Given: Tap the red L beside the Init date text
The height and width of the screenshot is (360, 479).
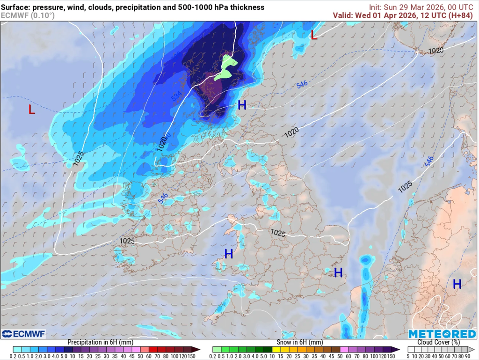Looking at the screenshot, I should (x=314, y=35).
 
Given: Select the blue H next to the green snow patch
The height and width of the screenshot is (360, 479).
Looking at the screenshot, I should (x=242, y=105).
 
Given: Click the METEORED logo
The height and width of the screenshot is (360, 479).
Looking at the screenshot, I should (x=442, y=334).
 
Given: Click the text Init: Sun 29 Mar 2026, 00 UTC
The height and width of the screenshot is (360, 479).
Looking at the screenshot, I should (x=422, y=7).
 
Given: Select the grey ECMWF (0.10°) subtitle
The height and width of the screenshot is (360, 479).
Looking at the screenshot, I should (x=28, y=15).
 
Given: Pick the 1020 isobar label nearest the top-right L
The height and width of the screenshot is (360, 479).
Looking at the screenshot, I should (x=435, y=50).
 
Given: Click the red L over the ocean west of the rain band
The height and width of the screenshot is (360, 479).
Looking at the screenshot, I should (x=31, y=110).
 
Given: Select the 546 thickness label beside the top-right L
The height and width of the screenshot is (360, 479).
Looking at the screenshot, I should (x=302, y=85).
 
